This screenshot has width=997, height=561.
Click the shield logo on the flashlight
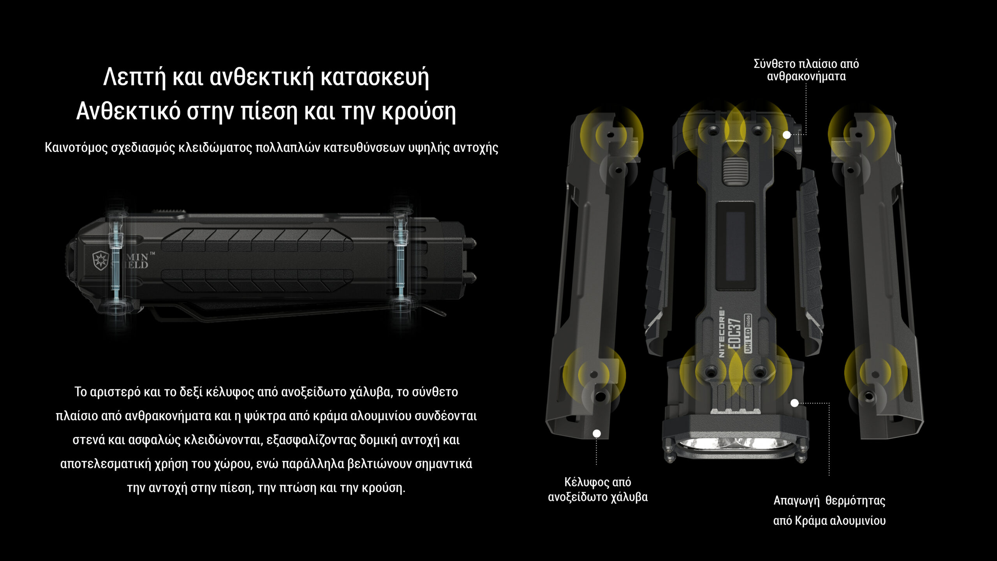coord(100,260)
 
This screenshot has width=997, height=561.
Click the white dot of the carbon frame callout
coord(787,135)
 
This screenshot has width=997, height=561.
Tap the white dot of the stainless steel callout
coord(597,433)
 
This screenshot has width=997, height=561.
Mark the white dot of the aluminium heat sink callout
coord(794,403)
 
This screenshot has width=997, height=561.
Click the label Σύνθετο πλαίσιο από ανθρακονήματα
coord(806,70)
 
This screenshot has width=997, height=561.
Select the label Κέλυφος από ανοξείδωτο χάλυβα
coord(598,490)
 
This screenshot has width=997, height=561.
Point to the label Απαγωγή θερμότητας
coord(829,500)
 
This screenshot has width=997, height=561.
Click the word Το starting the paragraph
coord(81,392)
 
